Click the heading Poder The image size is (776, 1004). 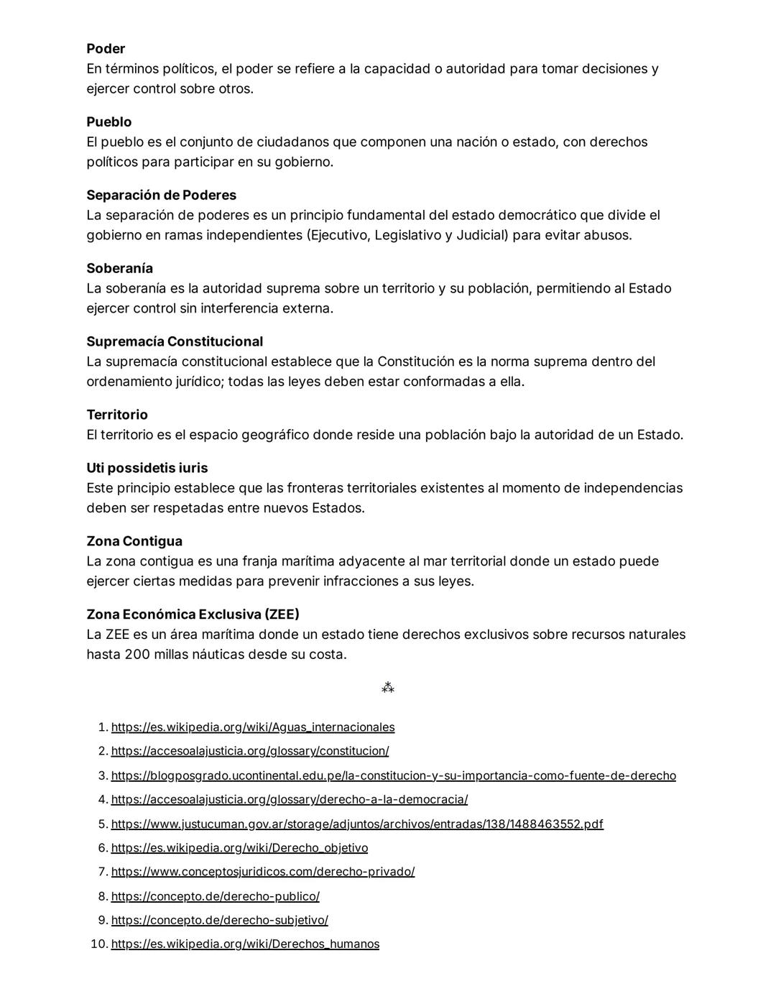pyautogui.click(x=106, y=49)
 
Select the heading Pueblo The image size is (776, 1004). pyautogui.click(x=109, y=122)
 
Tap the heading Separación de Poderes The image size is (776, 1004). pyautogui.click(x=161, y=195)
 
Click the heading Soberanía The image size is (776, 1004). pyautogui.click(x=119, y=269)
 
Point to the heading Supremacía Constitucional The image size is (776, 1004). pyautogui.click(x=175, y=342)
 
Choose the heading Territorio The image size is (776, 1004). pyautogui.click(x=117, y=415)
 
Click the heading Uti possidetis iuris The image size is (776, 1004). pyautogui.click(x=147, y=469)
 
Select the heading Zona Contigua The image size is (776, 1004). pyautogui.click(x=134, y=542)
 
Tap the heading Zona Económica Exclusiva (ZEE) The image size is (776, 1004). pyautogui.click(x=193, y=615)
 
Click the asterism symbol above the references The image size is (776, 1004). pyautogui.click(x=388, y=688)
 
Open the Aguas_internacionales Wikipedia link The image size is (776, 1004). pyautogui.click(x=253, y=727)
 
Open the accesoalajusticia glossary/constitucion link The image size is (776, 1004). pyautogui.click(x=250, y=751)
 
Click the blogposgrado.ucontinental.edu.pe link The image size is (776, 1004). pyautogui.click(x=393, y=776)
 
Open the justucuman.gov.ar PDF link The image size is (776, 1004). pyautogui.click(x=357, y=824)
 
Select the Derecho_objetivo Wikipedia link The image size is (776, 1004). pyautogui.click(x=239, y=848)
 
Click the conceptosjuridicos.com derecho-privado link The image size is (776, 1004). pyautogui.click(x=263, y=872)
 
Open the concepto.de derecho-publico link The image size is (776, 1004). pyautogui.click(x=216, y=897)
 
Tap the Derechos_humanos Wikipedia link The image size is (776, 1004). pyautogui.click(x=245, y=944)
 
